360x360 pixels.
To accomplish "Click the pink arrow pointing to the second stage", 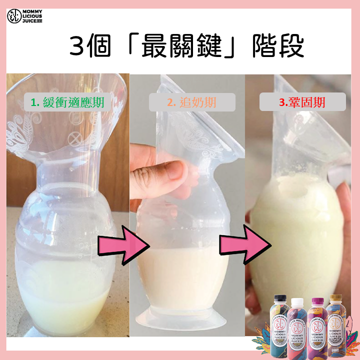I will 120,245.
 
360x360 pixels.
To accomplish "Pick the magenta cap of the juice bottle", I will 316,301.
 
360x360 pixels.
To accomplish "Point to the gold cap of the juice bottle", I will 335,299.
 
